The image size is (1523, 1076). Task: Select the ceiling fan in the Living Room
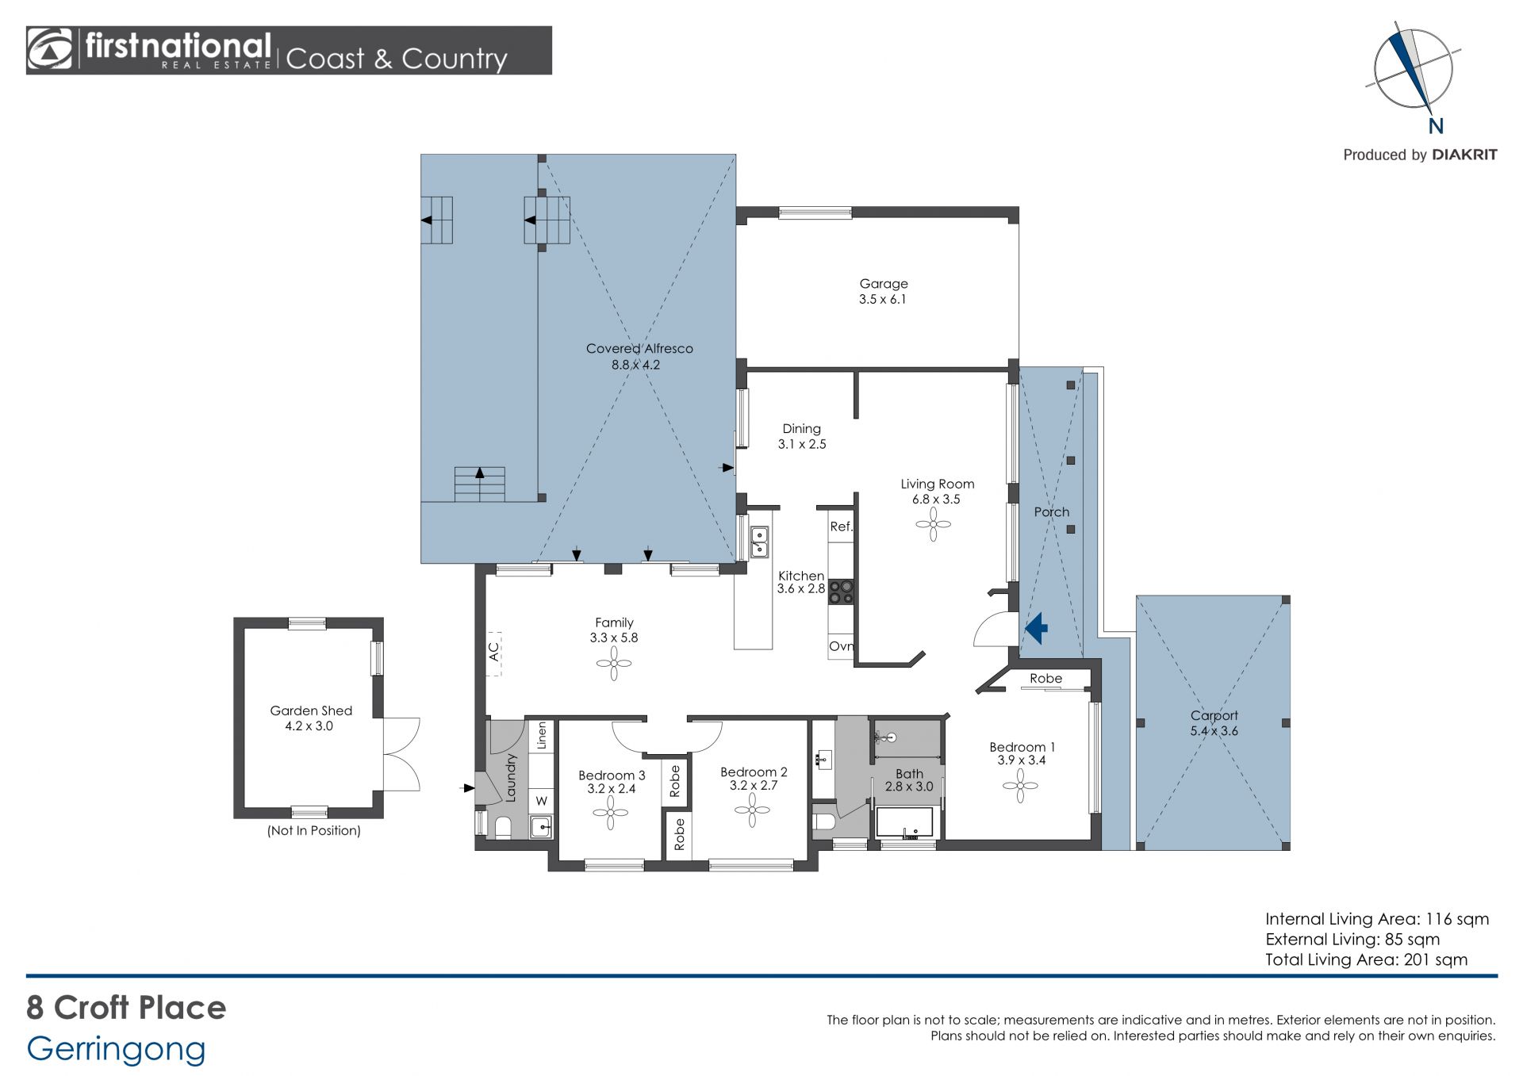[x=933, y=524]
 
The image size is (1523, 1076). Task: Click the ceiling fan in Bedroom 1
[x=1020, y=786]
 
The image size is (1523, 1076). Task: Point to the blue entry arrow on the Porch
[x=1037, y=629]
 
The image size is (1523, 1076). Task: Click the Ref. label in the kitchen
[x=841, y=527]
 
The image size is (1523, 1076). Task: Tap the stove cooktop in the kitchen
[x=841, y=592]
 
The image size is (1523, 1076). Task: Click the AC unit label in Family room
[x=493, y=652]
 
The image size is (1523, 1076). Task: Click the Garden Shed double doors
[x=401, y=754]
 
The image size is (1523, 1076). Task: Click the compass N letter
[x=1436, y=126]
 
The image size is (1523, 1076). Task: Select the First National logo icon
[x=49, y=50]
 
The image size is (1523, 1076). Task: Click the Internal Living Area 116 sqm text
[x=1377, y=919]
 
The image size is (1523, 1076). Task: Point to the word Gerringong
[x=116, y=1050]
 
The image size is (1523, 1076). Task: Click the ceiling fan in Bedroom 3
[x=611, y=813]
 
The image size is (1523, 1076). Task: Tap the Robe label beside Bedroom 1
[x=1045, y=679]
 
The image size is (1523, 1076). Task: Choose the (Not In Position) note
[x=314, y=831]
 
